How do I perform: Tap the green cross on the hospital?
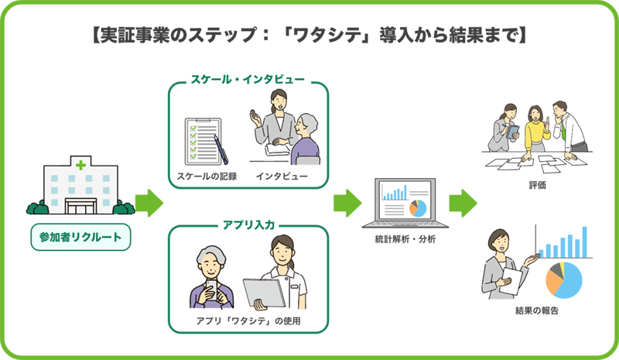pos(80,164)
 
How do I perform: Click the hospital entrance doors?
pos(81,207)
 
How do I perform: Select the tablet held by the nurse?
pos(260,293)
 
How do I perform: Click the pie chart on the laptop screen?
pos(417,208)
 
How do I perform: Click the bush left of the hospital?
pos(37,208)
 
